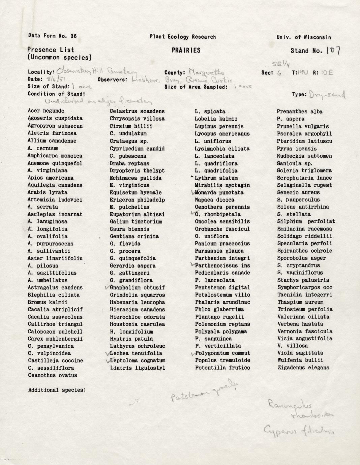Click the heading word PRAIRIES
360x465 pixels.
pyautogui.click(x=186, y=51)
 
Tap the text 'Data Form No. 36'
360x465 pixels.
pyautogui.click(x=52, y=36)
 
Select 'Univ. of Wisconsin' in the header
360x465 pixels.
pyautogui.click(x=304, y=37)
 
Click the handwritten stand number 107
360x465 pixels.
pyautogui.click(x=333, y=51)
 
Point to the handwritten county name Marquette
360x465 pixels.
pyautogui.click(x=206, y=72)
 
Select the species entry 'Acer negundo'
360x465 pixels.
pyautogui.click(x=46, y=111)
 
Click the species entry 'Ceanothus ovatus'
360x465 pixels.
pyautogui.click(x=52, y=375)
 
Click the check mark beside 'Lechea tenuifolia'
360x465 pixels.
pyautogui.click(x=107, y=353)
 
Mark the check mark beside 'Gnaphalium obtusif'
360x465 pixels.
pyautogui.click(x=107, y=288)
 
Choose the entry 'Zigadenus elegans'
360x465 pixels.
pyautogui.click(x=303, y=368)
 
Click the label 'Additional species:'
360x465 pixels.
pyautogui.click(x=56, y=390)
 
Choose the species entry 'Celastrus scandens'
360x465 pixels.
pyautogui.click(x=137, y=111)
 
